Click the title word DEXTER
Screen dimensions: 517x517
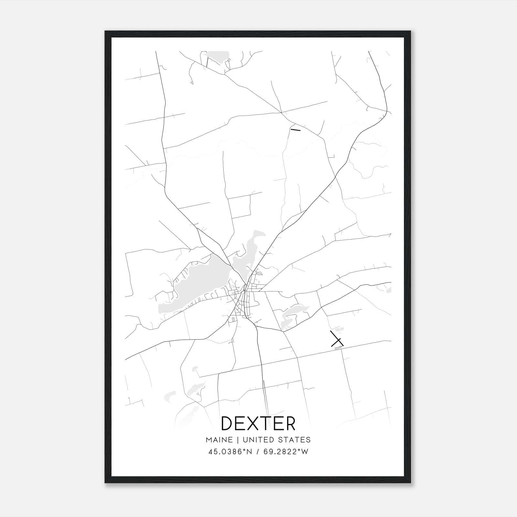click(258, 423)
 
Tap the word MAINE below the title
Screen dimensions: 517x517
click(219, 440)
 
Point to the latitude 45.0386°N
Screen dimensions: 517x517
click(230, 452)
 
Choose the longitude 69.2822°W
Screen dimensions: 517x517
click(286, 452)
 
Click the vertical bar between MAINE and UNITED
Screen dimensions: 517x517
click(237, 440)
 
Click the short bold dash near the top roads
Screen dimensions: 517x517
click(295, 130)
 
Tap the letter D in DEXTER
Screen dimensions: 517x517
click(227, 423)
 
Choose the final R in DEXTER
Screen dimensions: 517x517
click(290, 423)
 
